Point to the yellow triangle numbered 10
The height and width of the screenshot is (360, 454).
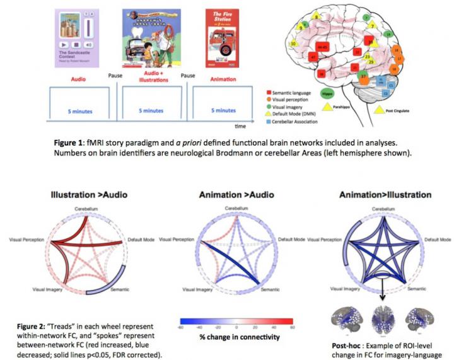click(294, 44)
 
